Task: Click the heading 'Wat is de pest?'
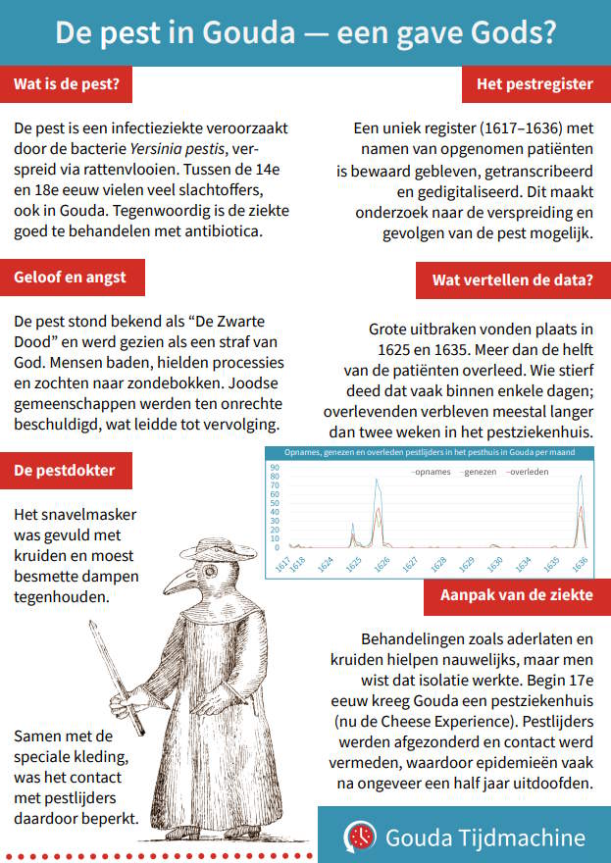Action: (67, 84)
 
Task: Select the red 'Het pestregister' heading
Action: (534, 84)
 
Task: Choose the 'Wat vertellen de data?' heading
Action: (512, 280)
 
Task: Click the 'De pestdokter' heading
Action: (64, 470)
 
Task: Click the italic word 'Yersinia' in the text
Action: (162, 148)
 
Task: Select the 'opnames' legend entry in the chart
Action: (429, 472)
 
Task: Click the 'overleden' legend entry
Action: (528, 472)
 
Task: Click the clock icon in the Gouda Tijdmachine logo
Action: (360, 837)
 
